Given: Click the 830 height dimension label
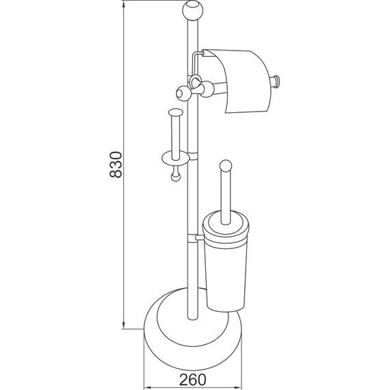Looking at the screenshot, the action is (x=116, y=165).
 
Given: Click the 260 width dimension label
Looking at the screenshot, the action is (x=193, y=380).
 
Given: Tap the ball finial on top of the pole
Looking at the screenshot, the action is (x=193, y=11).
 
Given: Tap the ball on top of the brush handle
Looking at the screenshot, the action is (x=226, y=166).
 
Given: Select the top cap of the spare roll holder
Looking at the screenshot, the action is (x=176, y=112).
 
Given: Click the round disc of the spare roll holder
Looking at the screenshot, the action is (x=175, y=158).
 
